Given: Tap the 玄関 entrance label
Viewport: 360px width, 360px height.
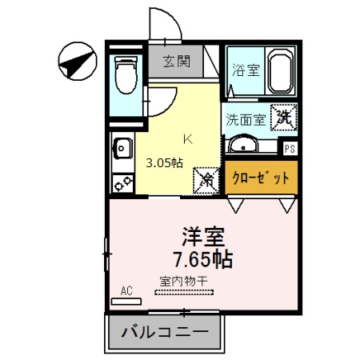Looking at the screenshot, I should coord(176,60).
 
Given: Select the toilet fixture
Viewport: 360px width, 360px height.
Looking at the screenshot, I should coord(125,75).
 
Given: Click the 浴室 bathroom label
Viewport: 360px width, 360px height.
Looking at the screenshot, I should coord(244,70).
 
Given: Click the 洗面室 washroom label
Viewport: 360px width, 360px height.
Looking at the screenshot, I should coord(245,121).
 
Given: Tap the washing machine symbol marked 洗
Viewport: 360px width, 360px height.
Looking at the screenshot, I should coord(284,118).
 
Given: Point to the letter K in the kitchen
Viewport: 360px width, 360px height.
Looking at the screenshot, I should coord(188,138).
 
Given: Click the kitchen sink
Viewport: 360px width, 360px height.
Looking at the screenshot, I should coord(122,147).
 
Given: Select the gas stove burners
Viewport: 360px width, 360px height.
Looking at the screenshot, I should coord(122,183).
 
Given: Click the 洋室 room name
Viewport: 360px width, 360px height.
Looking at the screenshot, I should coord(203,236).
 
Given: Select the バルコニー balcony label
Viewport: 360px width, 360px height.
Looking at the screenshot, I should coord(165,331).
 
